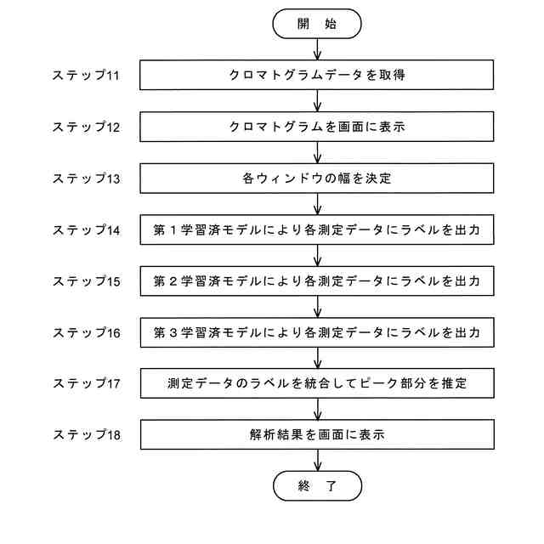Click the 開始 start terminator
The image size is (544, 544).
[316, 23]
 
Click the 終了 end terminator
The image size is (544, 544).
[316, 486]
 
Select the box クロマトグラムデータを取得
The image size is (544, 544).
[316, 76]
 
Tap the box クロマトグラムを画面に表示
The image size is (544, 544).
[316, 127]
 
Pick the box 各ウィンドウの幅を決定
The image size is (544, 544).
[316, 178]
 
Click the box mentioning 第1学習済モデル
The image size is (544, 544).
[316, 229]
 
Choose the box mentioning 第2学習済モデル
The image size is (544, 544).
[316, 280]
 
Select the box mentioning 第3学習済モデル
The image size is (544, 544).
[316, 332]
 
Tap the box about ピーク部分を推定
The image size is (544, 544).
[316, 383]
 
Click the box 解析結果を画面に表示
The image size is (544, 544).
[316, 434]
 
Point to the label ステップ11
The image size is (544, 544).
[86, 76]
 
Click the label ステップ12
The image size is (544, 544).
[86, 127]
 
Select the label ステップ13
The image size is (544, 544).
[86, 178]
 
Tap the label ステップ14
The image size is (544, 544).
[86, 229]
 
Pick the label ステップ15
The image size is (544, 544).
[86, 280]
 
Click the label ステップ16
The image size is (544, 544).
[86, 332]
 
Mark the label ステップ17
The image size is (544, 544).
[86, 383]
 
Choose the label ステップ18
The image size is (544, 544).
[86, 434]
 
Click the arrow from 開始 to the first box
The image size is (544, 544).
[316, 48]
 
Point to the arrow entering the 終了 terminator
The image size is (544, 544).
[316, 460]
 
